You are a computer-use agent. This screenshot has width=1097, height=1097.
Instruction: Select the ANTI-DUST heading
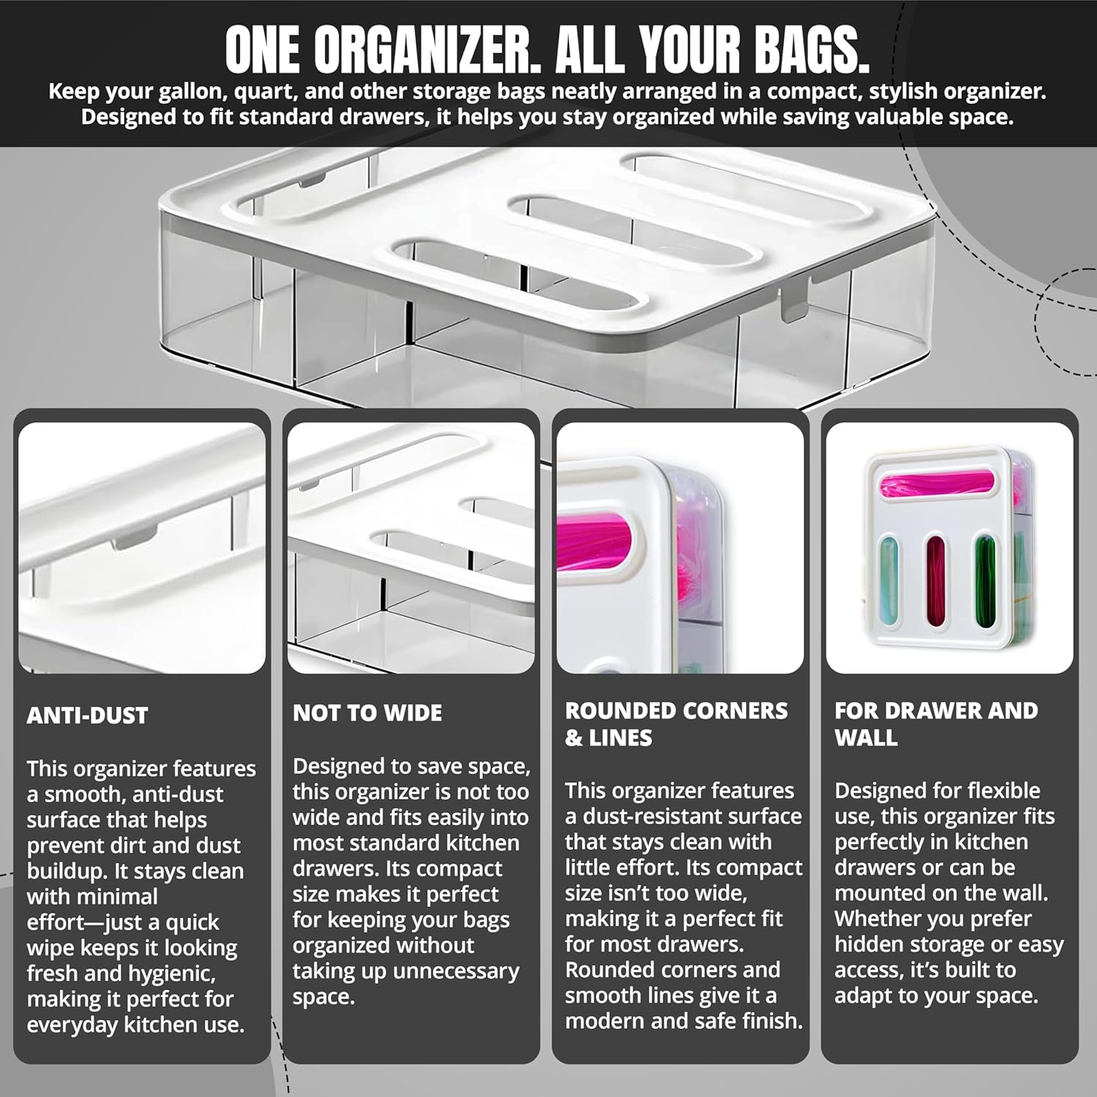pyautogui.click(x=87, y=715)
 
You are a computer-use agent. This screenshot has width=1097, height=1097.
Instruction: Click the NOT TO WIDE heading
pyautogui.click(x=367, y=712)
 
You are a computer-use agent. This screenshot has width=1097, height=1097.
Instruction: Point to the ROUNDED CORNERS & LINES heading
pyautogui.click(x=676, y=723)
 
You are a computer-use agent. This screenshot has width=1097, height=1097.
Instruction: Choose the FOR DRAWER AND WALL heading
pyautogui.click(x=935, y=723)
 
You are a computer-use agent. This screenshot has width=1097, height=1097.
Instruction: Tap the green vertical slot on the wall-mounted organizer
pyautogui.click(x=984, y=580)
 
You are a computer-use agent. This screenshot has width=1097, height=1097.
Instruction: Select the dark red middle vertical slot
pyautogui.click(x=936, y=580)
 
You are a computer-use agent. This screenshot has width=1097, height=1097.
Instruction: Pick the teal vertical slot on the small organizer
pyautogui.click(x=888, y=580)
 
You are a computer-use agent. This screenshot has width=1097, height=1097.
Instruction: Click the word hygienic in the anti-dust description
pyautogui.click(x=175, y=973)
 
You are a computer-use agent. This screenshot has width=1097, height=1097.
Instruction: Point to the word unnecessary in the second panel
pyautogui.click(x=456, y=970)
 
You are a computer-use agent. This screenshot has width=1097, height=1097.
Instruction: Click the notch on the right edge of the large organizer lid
pyautogui.click(x=791, y=304)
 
